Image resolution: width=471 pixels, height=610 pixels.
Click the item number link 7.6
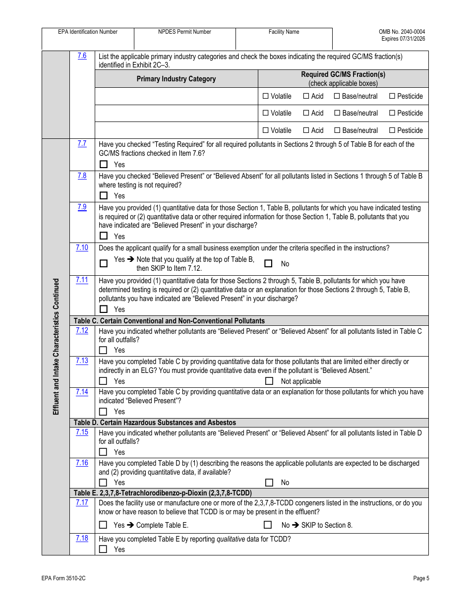pos(82,56)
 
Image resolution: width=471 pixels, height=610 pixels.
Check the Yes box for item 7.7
pos(103,164)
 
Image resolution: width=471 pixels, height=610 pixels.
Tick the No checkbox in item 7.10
pos(268,264)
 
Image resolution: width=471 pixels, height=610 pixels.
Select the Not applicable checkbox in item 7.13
pos(269,381)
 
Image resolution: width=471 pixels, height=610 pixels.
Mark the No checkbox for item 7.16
pos(269,483)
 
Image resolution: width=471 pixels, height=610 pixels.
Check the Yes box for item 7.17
pos(103,525)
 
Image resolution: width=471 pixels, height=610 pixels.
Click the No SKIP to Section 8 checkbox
pos(268,525)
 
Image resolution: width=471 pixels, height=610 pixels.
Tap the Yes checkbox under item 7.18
pos(103,549)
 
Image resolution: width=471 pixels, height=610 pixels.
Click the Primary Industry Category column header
pos(176,79)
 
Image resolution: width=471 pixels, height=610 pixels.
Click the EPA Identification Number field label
pos(88,32)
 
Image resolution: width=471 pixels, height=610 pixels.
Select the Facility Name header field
pos(284,32)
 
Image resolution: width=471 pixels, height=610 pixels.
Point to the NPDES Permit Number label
pos(184,32)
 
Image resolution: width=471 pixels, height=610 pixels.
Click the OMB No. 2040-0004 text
pos(402,32)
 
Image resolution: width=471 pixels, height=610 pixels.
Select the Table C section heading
pos(169,321)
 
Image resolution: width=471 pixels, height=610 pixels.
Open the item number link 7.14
pos(82,392)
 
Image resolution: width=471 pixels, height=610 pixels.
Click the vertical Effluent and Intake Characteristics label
pos(56,346)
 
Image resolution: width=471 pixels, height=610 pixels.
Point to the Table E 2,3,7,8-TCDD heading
pos(163,493)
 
